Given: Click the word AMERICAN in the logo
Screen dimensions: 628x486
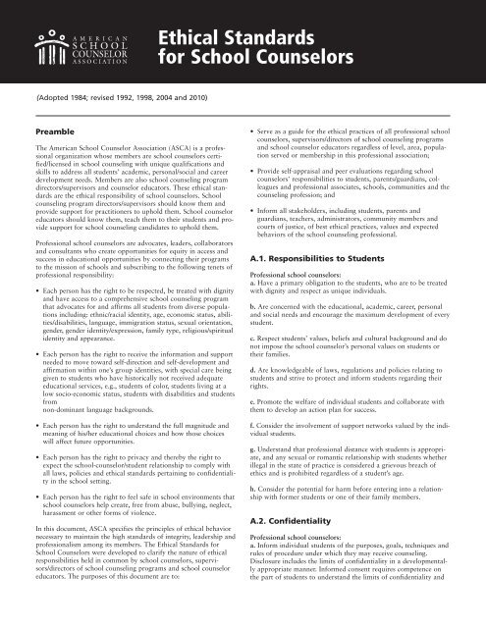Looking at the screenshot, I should click(100, 28).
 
